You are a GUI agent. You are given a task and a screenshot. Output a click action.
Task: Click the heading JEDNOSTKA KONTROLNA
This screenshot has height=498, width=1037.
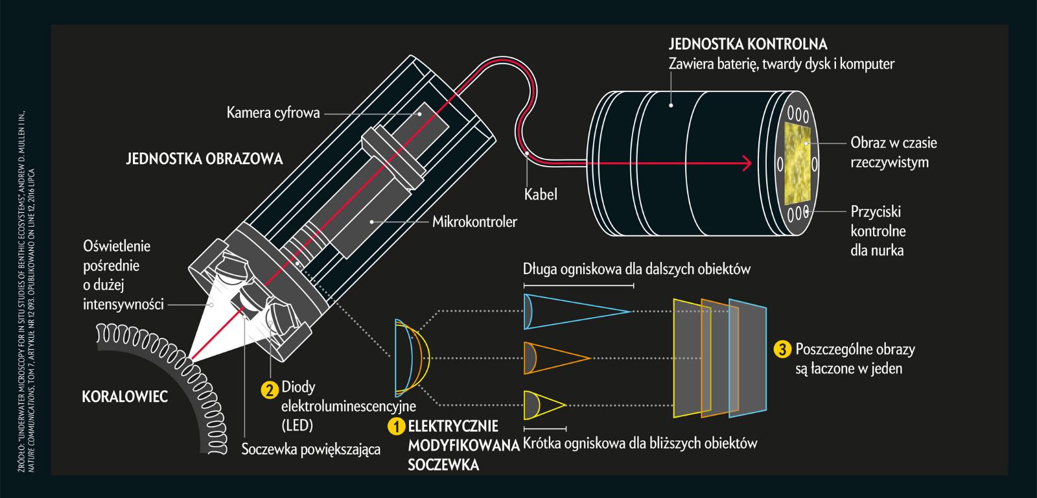(x=748, y=44)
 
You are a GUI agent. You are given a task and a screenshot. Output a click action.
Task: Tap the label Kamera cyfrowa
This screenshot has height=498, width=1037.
(x=273, y=113)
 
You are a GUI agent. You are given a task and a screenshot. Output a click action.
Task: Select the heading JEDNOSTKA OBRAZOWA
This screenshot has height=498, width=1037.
(x=204, y=159)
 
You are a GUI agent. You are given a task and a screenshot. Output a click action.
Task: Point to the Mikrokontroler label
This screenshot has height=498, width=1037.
(x=474, y=222)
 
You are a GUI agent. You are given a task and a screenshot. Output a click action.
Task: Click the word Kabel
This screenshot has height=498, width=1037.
(x=541, y=194)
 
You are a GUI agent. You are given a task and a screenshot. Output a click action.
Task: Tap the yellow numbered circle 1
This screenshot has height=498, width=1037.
(x=396, y=427)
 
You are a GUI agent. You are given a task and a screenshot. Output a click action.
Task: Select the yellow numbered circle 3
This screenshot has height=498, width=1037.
(x=782, y=350)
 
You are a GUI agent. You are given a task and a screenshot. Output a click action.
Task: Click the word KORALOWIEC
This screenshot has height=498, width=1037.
(x=125, y=396)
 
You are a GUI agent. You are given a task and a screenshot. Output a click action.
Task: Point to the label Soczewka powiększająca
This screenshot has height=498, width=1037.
(x=310, y=449)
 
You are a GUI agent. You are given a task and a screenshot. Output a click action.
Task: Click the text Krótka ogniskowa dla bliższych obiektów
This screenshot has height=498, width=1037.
(x=640, y=444)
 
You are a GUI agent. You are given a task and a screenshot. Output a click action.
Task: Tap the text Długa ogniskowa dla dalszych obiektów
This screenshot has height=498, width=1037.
(x=636, y=268)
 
